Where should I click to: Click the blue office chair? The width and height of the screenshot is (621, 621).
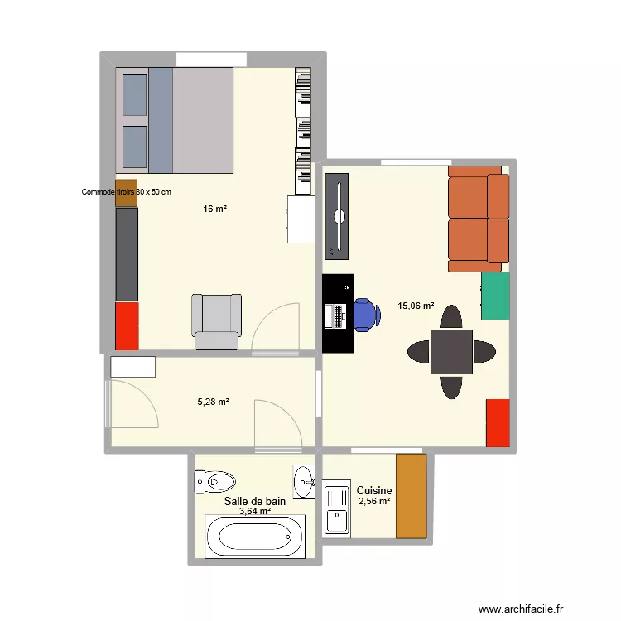(366, 314)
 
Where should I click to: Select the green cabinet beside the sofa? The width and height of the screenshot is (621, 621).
(495, 296)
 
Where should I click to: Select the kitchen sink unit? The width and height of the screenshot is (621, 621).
(337, 508)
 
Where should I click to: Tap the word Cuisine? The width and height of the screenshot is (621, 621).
(374, 491)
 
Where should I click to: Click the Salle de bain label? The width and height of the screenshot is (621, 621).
(255, 501)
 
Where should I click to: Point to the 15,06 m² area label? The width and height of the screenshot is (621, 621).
(416, 306)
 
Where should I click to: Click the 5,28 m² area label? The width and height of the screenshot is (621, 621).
(213, 402)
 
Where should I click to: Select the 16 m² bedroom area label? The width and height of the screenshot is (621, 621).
(214, 209)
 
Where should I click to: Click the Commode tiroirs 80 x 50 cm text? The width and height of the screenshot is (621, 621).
(126, 192)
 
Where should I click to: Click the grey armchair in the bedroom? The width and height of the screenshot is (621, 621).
(217, 321)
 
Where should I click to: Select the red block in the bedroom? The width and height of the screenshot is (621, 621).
(126, 325)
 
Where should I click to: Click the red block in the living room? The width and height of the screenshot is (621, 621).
(497, 422)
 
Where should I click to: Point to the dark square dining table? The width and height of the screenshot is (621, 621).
(451, 352)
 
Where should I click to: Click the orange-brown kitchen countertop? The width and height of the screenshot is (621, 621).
(411, 496)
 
